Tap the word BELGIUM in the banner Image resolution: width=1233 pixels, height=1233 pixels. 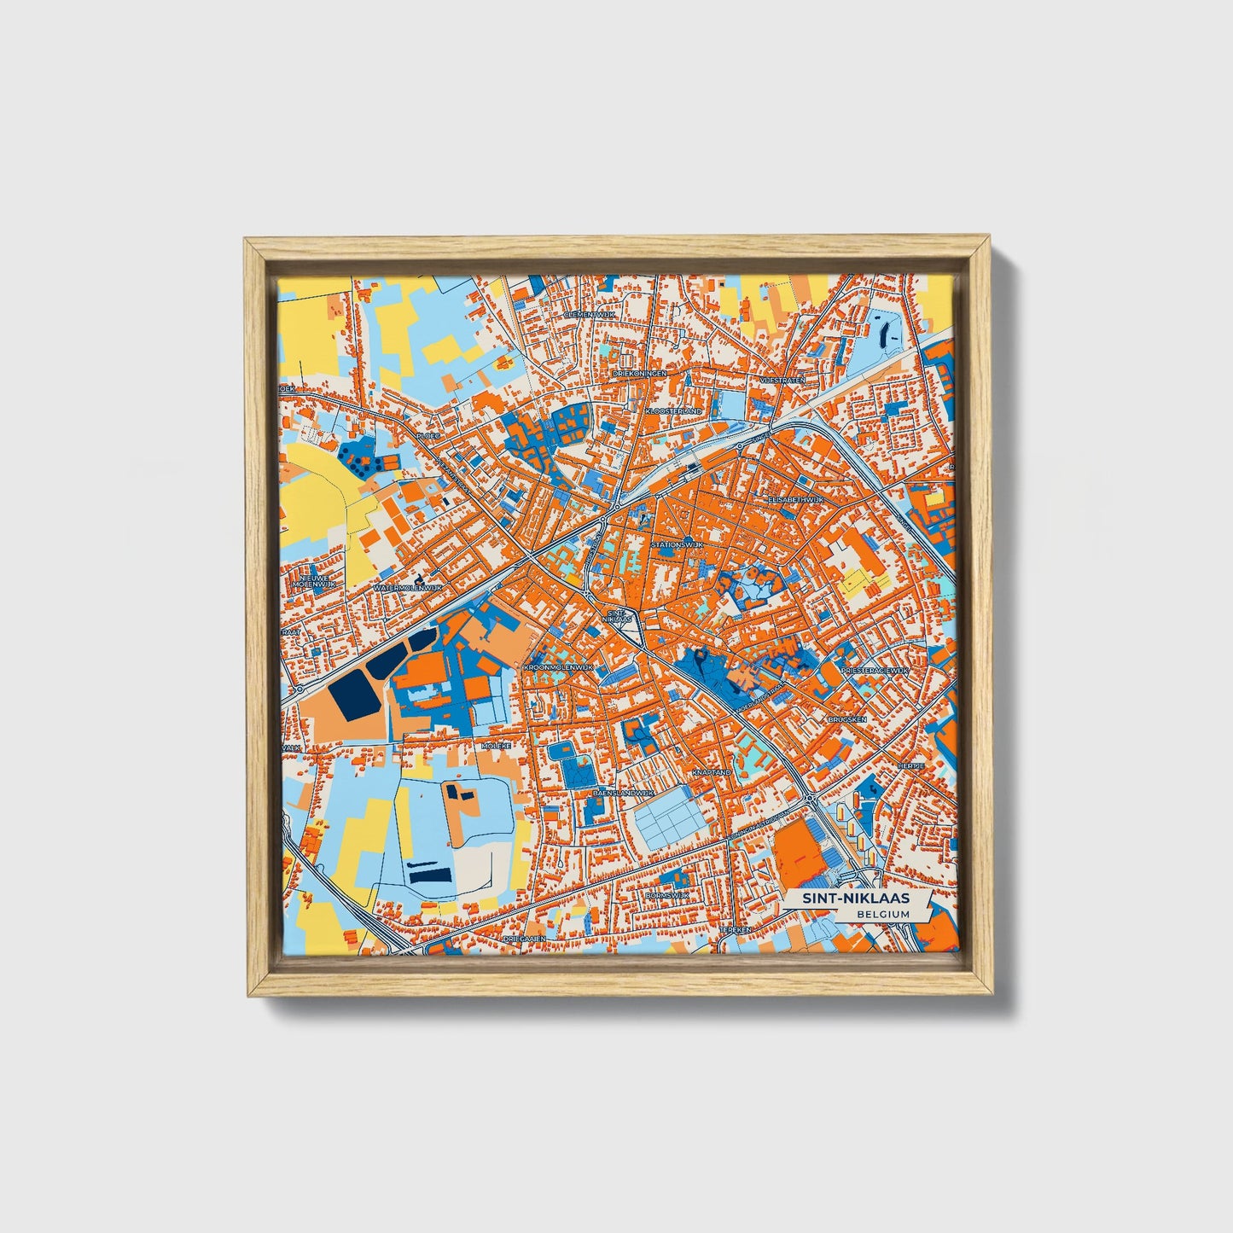click(x=884, y=914)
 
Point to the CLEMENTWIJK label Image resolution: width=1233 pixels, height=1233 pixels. click(x=590, y=314)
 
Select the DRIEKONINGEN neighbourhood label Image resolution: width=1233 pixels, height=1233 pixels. click(x=640, y=373)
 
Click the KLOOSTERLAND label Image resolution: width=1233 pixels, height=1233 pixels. click(x=673, y=410)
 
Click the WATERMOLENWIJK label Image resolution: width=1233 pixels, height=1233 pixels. click(x=408, y=588)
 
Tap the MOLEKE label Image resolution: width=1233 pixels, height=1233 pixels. click(x=496, y=746)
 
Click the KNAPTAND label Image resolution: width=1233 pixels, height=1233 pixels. click(x=712, y=771)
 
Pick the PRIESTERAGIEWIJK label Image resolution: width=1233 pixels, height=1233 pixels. click(x=875, y=671)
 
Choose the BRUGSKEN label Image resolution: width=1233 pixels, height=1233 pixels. click(x=846, y=719)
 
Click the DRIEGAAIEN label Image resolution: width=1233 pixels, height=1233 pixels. click(x=523, y=938)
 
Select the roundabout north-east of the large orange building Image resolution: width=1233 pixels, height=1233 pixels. click(x=808, y=800)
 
